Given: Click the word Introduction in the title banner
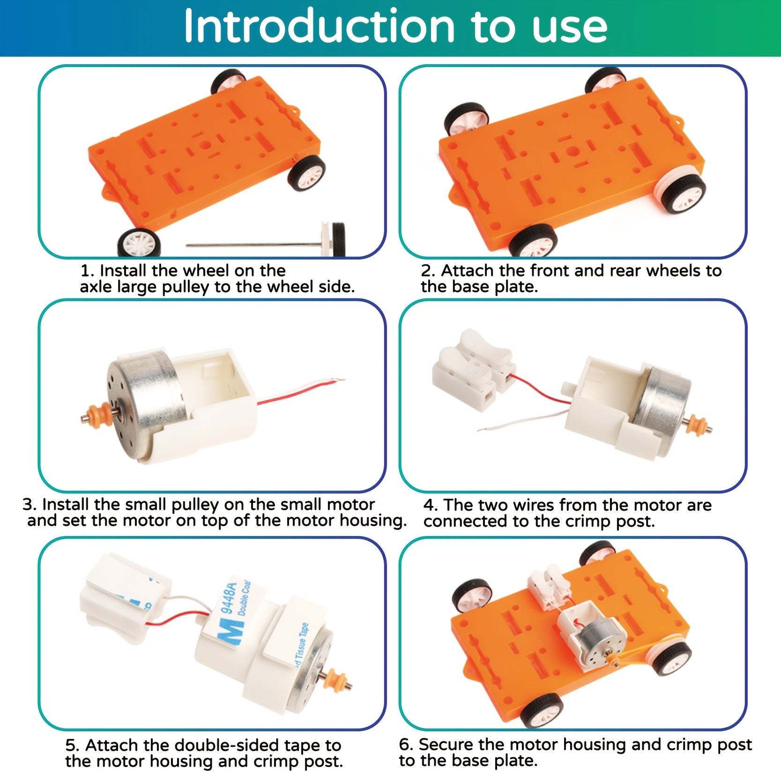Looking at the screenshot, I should pyautogui.click(x=319, y=27).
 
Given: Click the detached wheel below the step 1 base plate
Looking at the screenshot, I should pyautogui.click(x=139, y=243).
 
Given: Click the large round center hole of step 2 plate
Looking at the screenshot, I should pyautogui.click(x=572, y=151).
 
